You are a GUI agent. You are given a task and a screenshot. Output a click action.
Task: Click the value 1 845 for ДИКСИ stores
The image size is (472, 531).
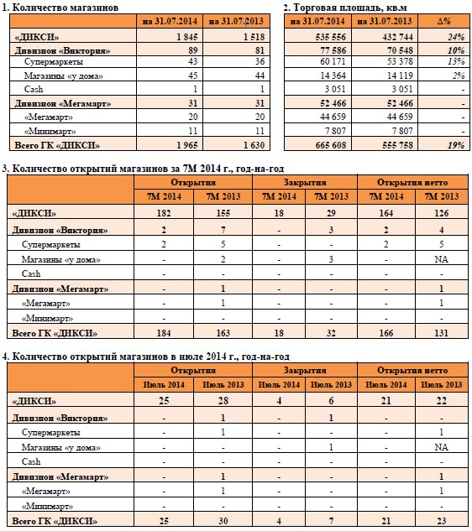click(186, 37)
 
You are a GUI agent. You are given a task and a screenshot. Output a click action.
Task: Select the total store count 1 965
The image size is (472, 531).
click(186, 145)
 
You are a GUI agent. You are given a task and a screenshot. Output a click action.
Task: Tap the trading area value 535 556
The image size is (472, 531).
click(331, 37)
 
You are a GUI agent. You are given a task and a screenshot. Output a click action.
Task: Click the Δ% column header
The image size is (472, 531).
click(443, 21)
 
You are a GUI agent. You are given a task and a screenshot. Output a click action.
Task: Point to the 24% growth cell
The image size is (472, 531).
click(456, 37)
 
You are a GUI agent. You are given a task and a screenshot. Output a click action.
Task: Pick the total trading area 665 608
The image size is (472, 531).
click(331, 145)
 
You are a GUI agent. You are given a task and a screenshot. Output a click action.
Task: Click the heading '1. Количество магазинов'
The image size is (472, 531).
click(60, 8)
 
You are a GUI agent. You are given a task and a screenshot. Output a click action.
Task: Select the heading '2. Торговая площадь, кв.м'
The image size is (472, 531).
click(345, 8)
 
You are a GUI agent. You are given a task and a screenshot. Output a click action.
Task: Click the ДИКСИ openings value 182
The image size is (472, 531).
click(164, 213)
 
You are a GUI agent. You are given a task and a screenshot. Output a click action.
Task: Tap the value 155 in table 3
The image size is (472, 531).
click(223, 213)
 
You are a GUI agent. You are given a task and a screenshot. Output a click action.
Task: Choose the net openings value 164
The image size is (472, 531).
click(385, 213)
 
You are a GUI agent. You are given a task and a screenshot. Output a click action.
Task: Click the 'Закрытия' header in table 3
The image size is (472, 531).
click(305, 183)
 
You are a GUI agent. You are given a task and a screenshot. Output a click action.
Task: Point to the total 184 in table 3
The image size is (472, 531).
click(164, 333)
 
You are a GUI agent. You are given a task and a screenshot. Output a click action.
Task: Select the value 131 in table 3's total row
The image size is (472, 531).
click(441, 333)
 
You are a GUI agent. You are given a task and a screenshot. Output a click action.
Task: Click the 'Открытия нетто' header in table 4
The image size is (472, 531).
click(412, 371)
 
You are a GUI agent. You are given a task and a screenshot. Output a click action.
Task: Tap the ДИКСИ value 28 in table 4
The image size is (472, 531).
click(223, 401)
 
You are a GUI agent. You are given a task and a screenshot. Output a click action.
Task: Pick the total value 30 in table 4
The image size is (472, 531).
click(223, 521)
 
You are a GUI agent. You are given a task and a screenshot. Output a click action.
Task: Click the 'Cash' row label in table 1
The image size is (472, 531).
click(34, 89)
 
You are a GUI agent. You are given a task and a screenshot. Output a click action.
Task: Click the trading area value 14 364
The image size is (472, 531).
click(333, 75)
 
